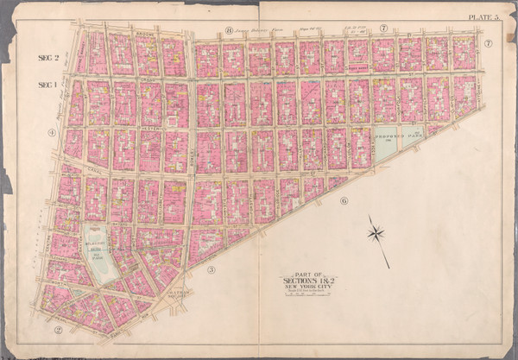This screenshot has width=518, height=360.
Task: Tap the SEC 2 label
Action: tap(47, 57)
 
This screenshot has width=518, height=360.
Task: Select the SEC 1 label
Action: tap(47, 85)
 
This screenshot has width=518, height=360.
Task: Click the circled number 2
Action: tap(59, 329)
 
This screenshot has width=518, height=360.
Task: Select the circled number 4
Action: tap(52, 132)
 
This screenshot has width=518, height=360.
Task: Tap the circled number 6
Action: tap(344, 200)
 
